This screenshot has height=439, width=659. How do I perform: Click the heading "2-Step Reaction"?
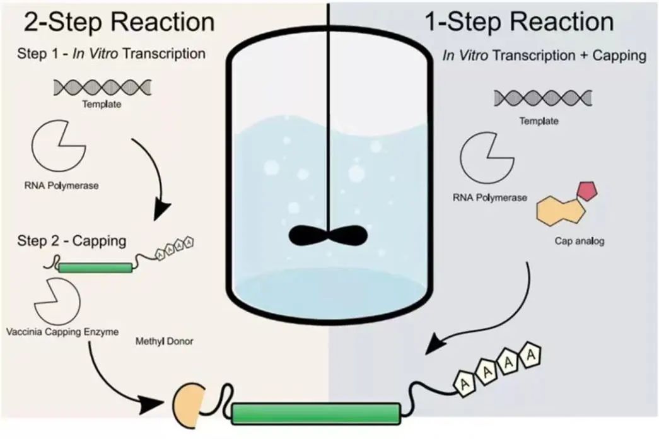(119, 22)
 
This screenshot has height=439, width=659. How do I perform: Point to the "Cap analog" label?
(579, 241)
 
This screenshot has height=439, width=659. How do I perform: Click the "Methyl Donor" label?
(164, 342)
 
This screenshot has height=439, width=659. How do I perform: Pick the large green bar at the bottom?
(315, 413)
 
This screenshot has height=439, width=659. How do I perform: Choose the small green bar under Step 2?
(95, 267)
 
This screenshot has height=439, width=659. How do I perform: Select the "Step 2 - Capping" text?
(71, 241)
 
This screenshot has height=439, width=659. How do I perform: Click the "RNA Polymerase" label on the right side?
(490, 197)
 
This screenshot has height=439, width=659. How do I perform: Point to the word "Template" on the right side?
(539, 121)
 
